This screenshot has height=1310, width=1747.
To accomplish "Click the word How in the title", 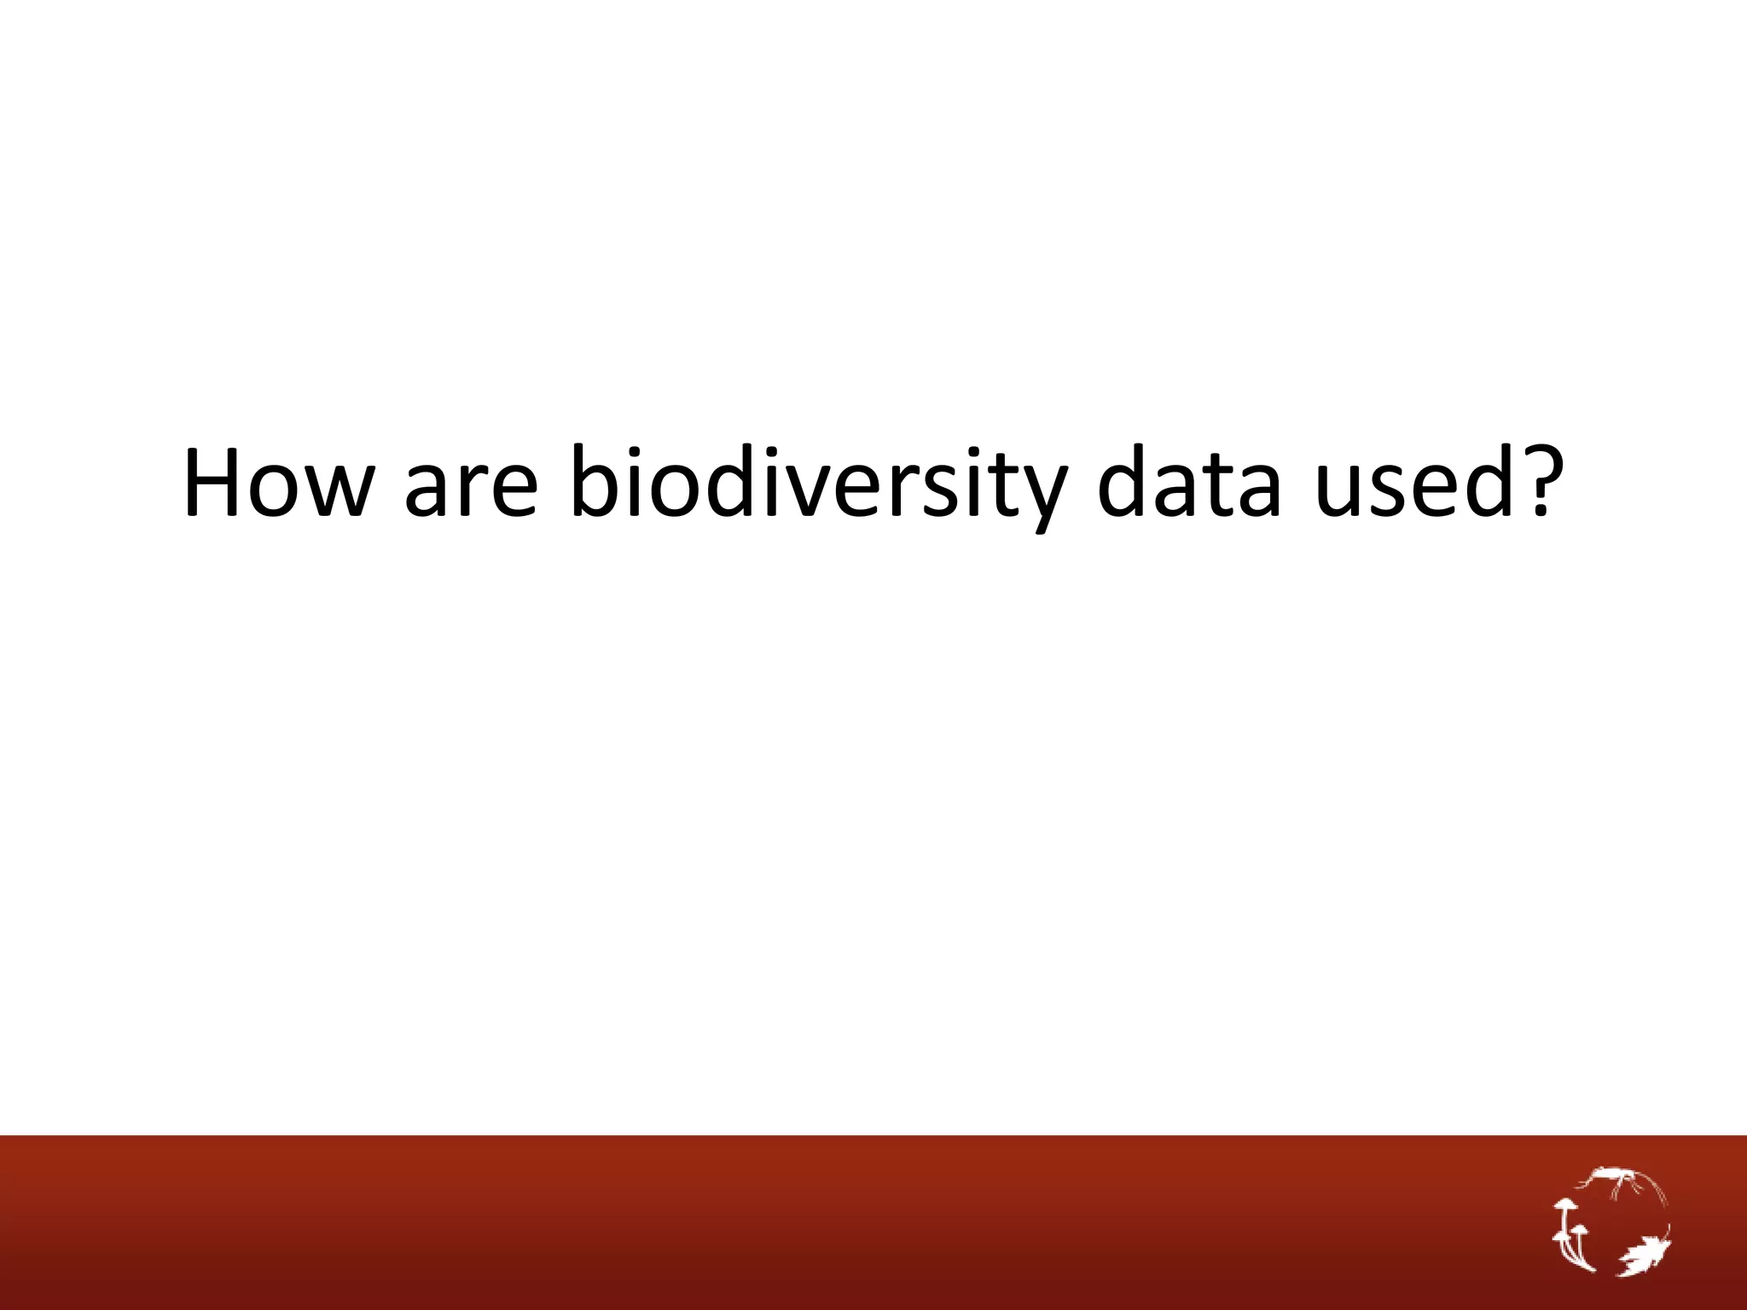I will (x=278, y=483).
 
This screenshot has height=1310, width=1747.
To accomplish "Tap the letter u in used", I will (x=1341, y=491).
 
